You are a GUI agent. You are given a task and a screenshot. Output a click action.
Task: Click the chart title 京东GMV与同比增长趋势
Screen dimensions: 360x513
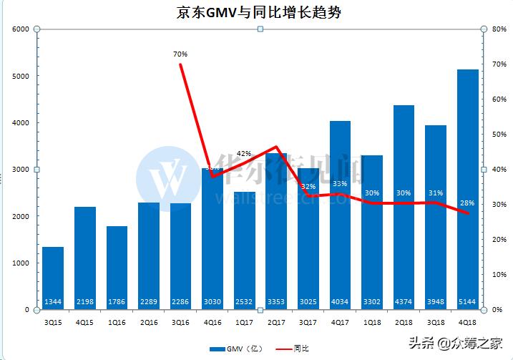click(x=256, y=12)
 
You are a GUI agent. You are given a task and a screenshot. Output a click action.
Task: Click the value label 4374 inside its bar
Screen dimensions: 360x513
click(x=404, y=301)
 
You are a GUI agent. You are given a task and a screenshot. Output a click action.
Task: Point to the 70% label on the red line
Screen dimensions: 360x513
click(x=180, y=54)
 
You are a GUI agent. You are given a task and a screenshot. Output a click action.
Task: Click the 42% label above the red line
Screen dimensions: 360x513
click(x=244, y=153)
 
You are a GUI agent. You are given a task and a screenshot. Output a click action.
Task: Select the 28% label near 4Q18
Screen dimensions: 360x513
click(x=467, y=203)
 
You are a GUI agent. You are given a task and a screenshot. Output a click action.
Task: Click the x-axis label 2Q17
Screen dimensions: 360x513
click(x=276, y=322)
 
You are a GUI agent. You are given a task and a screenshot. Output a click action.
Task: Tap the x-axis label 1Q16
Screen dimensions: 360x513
click(x=117, y=322)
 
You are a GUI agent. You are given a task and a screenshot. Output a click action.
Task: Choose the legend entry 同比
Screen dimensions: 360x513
click(x=293, y=349)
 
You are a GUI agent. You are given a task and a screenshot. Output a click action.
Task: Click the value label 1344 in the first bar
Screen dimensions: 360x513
click(x=53, y=301)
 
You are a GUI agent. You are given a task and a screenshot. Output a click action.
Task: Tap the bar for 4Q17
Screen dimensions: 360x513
click(x=341, y=215)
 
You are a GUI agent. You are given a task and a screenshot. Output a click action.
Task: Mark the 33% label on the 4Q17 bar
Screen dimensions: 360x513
click(x=341, y=184)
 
